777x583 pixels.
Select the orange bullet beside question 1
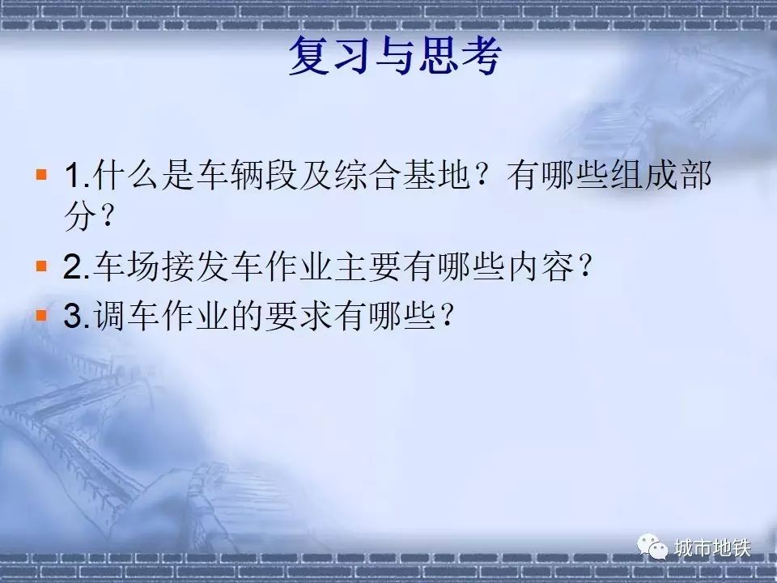41,174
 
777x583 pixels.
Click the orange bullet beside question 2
41,266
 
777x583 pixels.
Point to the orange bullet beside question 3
41,315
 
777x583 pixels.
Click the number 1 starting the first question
73,175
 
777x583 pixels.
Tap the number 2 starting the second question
73,267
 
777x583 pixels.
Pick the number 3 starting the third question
73,316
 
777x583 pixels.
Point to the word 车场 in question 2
126,267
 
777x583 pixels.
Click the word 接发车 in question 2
211,267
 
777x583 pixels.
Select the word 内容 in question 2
541,267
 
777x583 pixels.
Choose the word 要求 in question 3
298,316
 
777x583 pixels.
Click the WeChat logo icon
652,547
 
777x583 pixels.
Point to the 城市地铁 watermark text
712,548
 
